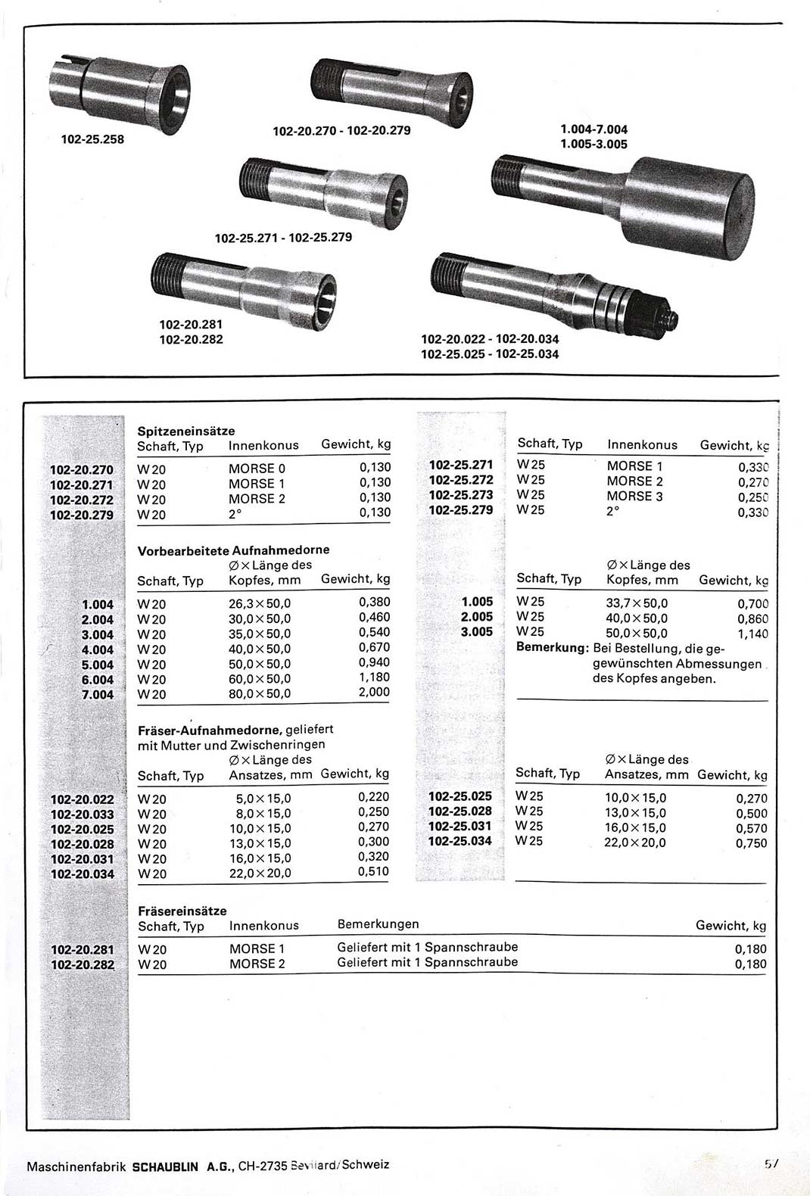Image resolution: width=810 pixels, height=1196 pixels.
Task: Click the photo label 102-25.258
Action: tap(92, 139)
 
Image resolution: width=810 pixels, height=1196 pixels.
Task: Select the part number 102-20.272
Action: tap(82, 500)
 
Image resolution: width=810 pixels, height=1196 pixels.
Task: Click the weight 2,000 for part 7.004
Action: tap(374, 692)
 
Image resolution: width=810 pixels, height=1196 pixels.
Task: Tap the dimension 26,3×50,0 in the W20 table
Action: tap(260, 603)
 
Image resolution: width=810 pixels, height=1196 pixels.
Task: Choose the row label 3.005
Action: tap(477, 631)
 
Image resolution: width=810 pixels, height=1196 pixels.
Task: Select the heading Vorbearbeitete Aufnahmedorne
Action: tap(233, 550)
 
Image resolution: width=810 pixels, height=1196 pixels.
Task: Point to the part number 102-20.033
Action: tap(82, 814)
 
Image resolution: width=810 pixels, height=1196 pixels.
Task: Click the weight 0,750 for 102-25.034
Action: tap(751, 843)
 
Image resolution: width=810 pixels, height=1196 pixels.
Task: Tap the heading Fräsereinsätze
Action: tap(182, 911)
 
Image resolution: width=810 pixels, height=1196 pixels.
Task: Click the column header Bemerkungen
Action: tap(378, 924)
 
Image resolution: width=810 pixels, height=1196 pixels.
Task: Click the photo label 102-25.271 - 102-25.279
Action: tap(283, 238)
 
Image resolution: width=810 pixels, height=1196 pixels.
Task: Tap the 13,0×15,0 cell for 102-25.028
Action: tap(635, 811)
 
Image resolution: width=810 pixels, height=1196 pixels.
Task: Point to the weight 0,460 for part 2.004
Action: tap(374, 618)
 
